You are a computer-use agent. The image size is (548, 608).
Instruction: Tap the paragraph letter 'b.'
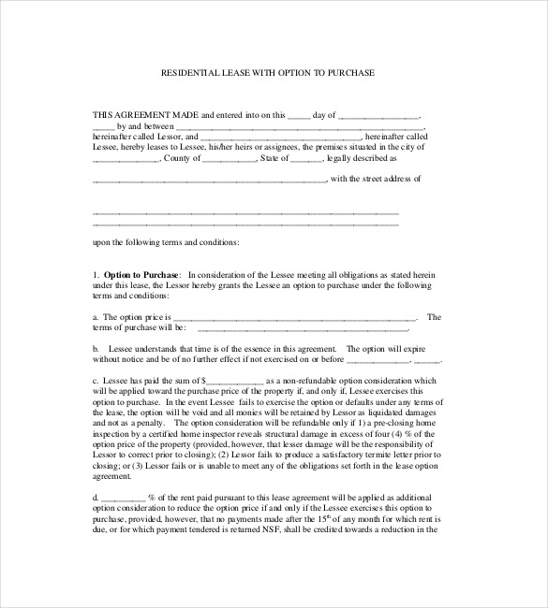tap(96, 347)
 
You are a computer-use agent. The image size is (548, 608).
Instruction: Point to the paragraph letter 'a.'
tap(96, 317)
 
